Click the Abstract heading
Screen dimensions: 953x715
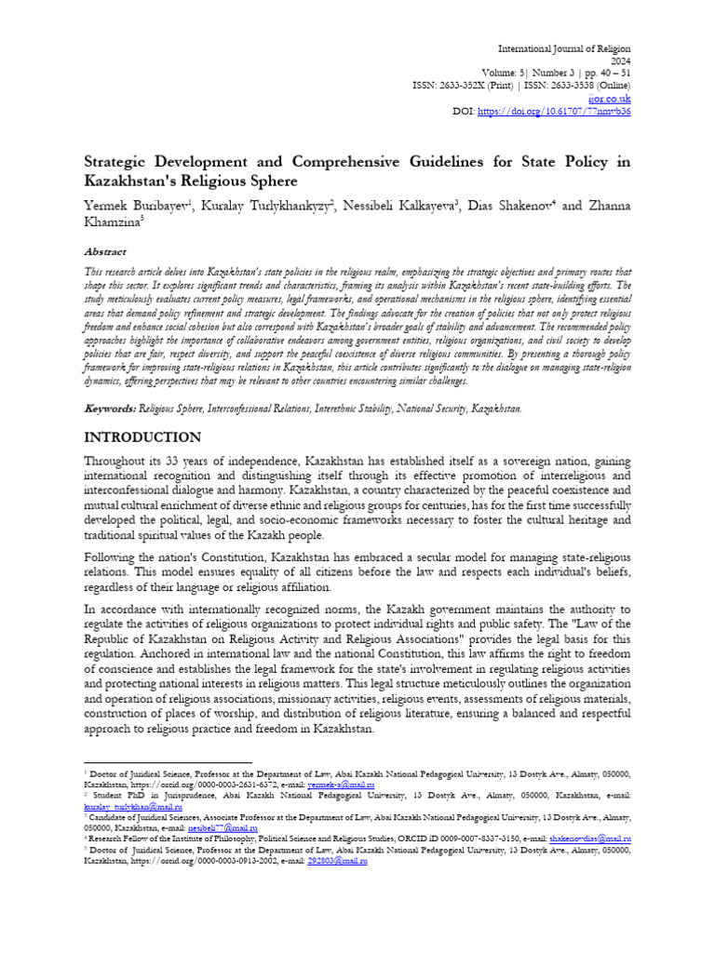(x=102, y=251)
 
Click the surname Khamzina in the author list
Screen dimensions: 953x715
(x=114, y=221)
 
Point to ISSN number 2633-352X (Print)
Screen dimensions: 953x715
(x=473, y=83)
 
